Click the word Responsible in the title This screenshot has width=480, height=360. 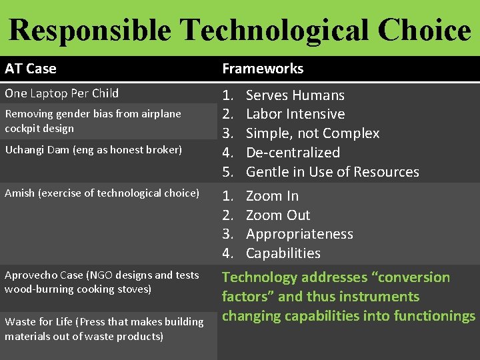click(x=89, y=30)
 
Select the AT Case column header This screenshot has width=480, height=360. click(x=31, y=69)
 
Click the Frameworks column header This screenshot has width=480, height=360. click(x=263, y=69)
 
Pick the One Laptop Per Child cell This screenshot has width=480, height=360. click(x=61, y=93)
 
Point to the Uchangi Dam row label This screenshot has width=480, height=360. click(x=93, y=150)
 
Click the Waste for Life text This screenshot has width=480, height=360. click(x=40, y=322)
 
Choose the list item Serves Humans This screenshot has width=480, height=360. click(x=295, y=95)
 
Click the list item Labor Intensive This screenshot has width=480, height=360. click(x=295, y=115)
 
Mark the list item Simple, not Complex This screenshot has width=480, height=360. click(x=312, y=133)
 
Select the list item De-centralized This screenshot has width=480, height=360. click(x=293, y=153)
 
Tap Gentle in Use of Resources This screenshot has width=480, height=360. click(x=332, y=172)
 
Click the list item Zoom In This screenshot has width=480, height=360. click(x=272, y=196)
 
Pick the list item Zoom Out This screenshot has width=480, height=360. click(x=278, y=215)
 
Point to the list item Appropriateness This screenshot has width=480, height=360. click(x=299, y=234)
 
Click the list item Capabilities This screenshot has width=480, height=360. click(x=283, y=253)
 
